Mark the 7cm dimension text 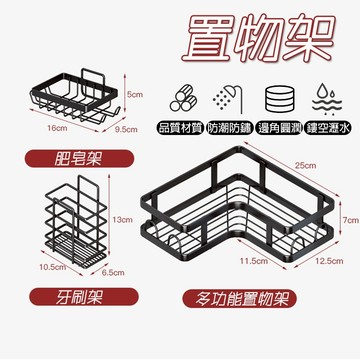pyautogui.click(x=349, y=219)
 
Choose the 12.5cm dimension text pyautogui.click(x=320, y=261)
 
